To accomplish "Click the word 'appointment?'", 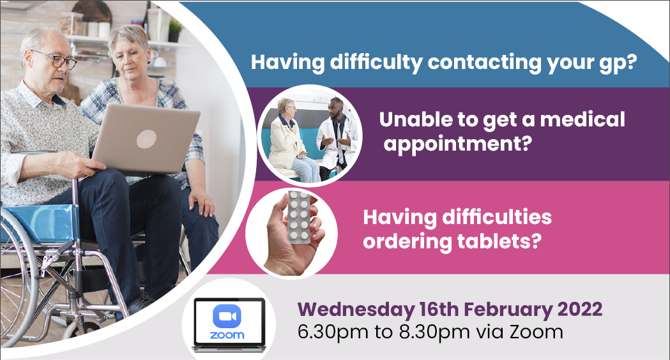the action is click(458, 144).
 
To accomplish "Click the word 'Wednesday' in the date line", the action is click(356, 310).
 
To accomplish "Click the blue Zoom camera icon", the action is click(227, 316).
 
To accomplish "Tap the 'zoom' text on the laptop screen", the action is click(227, 335).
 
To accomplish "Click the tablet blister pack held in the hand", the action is click(299, 217).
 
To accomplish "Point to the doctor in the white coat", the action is click(335, 137).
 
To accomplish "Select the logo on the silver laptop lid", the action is click(146, 139).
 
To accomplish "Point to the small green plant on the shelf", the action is click(175, 31).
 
